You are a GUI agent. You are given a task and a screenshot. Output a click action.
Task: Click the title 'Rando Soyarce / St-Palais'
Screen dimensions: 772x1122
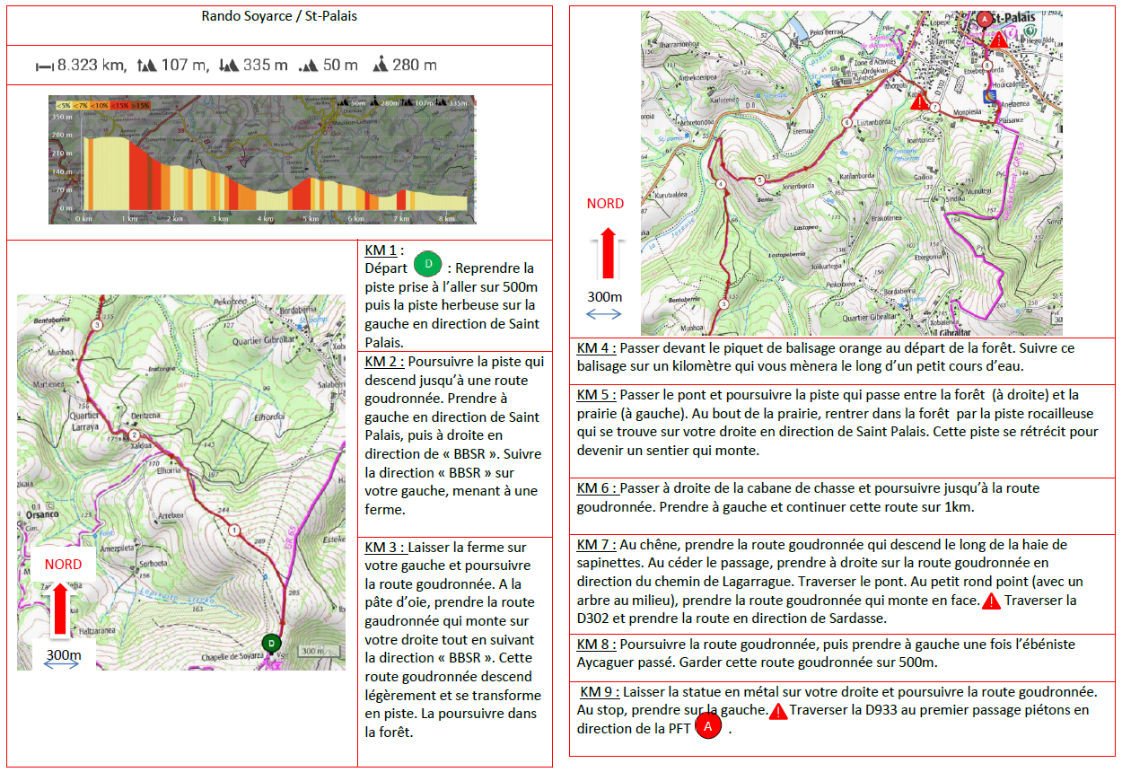[279, 17]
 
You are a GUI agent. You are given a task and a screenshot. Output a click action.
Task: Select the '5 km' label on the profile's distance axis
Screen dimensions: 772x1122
[311, 218]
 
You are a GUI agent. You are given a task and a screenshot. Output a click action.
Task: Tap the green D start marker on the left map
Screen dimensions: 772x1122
[270, 643]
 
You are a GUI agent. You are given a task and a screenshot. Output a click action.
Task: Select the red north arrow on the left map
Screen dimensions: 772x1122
[62, 607]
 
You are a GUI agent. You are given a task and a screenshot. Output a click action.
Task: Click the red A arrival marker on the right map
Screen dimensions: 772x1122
[985, 18]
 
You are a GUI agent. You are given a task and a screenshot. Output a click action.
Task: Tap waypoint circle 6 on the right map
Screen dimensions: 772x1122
[846, 122]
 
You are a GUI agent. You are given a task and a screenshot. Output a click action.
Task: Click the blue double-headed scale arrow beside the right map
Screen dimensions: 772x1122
[604, 313]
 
